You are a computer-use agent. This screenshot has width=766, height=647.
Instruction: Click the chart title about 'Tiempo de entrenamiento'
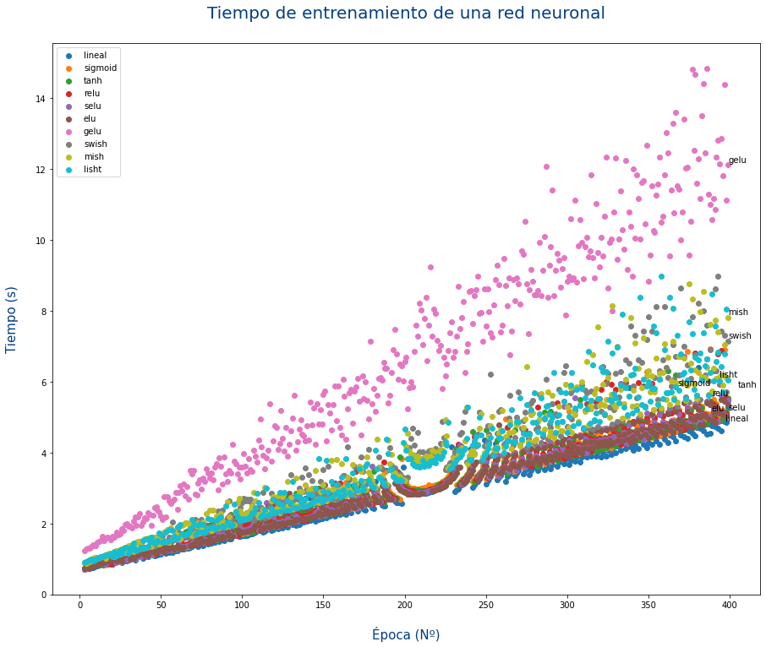pyautogui.click(x=406, y=14)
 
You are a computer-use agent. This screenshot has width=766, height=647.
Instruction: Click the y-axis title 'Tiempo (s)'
pyautogui.click(x=12, y=319)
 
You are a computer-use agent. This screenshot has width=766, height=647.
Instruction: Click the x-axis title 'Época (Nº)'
pyautogui.click(x=406, y=634)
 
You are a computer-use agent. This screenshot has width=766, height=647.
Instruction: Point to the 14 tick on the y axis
pyautogui.click(x=40, y=99)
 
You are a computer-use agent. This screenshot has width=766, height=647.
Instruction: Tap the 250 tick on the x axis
pyautogui.click(x=486, y=606)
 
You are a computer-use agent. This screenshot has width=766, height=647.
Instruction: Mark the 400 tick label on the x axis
pyautogui.click(x=730, y=606)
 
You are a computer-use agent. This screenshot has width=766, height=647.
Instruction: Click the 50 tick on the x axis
pyautogui.click(x=161, y=606)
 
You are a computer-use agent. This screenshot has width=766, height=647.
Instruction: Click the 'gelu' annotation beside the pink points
pyautogui.click(x=737, y=160)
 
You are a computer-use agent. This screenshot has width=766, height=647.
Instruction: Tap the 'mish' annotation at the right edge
pyautogui.click(x=738, y=313)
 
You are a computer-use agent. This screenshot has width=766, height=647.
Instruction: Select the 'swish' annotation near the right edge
pyautogui.click(x=740, y=336)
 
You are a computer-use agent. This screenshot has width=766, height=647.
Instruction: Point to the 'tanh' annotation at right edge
pyautogui.click(x=747, y=385)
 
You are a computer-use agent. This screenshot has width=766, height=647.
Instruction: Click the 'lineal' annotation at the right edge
pyautogui.click(x=736, y=419)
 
